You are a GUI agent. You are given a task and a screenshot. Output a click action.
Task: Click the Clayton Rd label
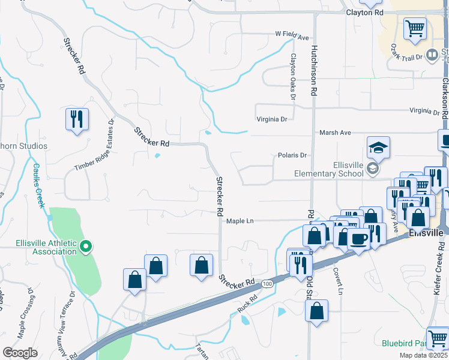coord(364,12)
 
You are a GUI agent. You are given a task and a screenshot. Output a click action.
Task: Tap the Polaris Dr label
coord(292,155)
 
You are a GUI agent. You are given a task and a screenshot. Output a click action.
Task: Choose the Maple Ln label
coord(240,221)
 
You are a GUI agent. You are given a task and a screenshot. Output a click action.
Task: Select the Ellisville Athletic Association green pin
coord(86,245)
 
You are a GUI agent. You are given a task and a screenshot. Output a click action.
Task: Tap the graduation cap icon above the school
coord(379,148)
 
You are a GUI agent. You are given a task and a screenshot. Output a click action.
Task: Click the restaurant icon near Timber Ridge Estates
coord(77,119)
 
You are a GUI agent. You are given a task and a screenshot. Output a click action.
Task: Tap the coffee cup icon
coord(358,239)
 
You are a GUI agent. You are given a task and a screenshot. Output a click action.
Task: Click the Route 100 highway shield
coord(268,283)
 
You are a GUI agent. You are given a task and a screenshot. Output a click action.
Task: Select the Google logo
coord(20,353)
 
